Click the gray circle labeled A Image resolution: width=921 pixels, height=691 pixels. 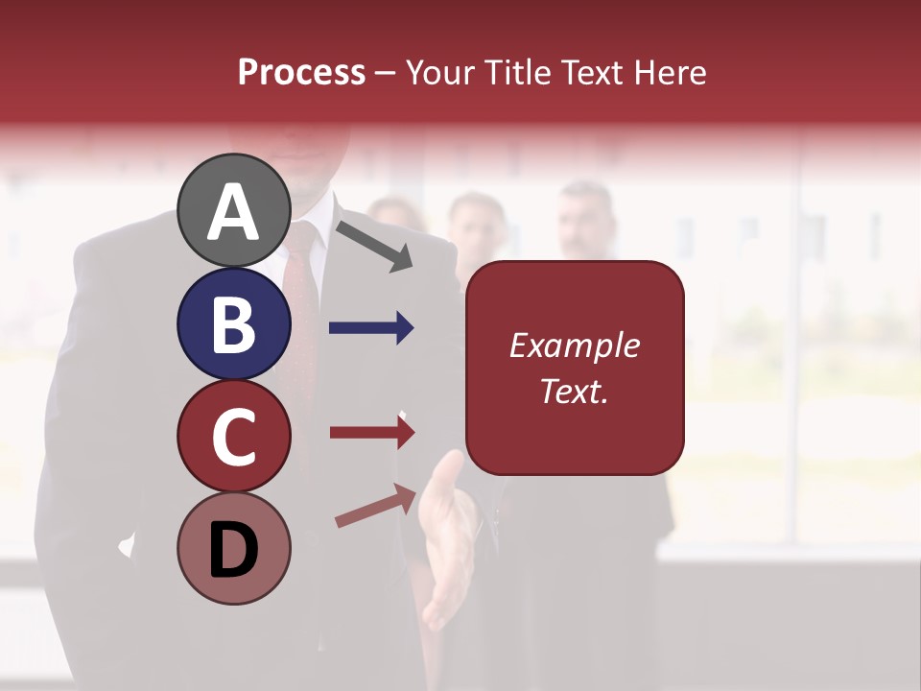coord(234,211)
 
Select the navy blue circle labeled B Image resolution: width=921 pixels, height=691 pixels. coord(234,323)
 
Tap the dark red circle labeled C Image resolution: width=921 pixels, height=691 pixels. coord(234,437)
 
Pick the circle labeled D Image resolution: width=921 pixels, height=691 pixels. coord(234,549)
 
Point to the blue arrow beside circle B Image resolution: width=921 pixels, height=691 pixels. coord(371,328)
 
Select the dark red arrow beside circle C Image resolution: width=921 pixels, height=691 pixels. coord(371,433)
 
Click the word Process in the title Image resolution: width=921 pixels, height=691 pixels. coord(301,72)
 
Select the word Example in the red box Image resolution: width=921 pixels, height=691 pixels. coord(575,345)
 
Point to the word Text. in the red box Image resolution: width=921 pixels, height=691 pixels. coord(575,391)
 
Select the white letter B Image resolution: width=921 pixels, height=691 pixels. coord(234,324)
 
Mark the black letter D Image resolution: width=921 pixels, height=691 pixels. coord(234,550)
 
